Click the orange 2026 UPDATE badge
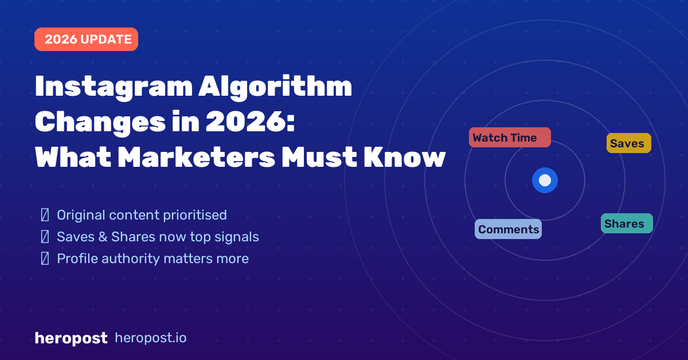pos(86,40)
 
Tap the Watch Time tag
pos(510,138)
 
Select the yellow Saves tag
pos(628,143)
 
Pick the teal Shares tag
pos(626,224)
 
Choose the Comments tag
pos(508,229)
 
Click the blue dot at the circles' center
pos(545,181)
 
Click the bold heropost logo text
pos(71,338)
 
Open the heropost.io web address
pos(151,338)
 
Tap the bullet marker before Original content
pos(45,216)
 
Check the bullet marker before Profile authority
pos(45,259)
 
